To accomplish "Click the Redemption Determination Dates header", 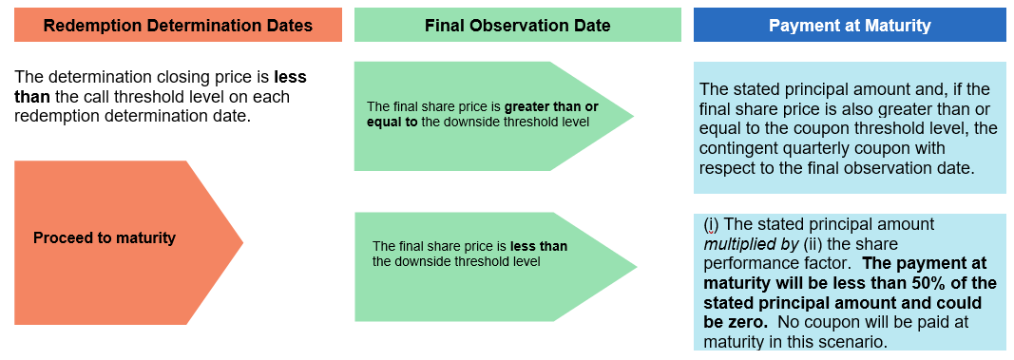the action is click(178, 26).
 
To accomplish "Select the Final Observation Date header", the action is click(517, 26).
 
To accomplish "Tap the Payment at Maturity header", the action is click(850, 26).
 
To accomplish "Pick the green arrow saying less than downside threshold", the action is click(495, 267).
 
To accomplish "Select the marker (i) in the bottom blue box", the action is click(711, 224).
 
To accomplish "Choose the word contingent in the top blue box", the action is click(738, 148).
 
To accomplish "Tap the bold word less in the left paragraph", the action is click(291, 77).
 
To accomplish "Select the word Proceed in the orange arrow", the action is click(57, 237).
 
